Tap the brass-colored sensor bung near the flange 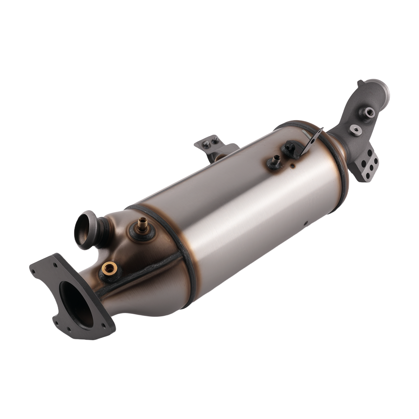pos(109,268)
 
